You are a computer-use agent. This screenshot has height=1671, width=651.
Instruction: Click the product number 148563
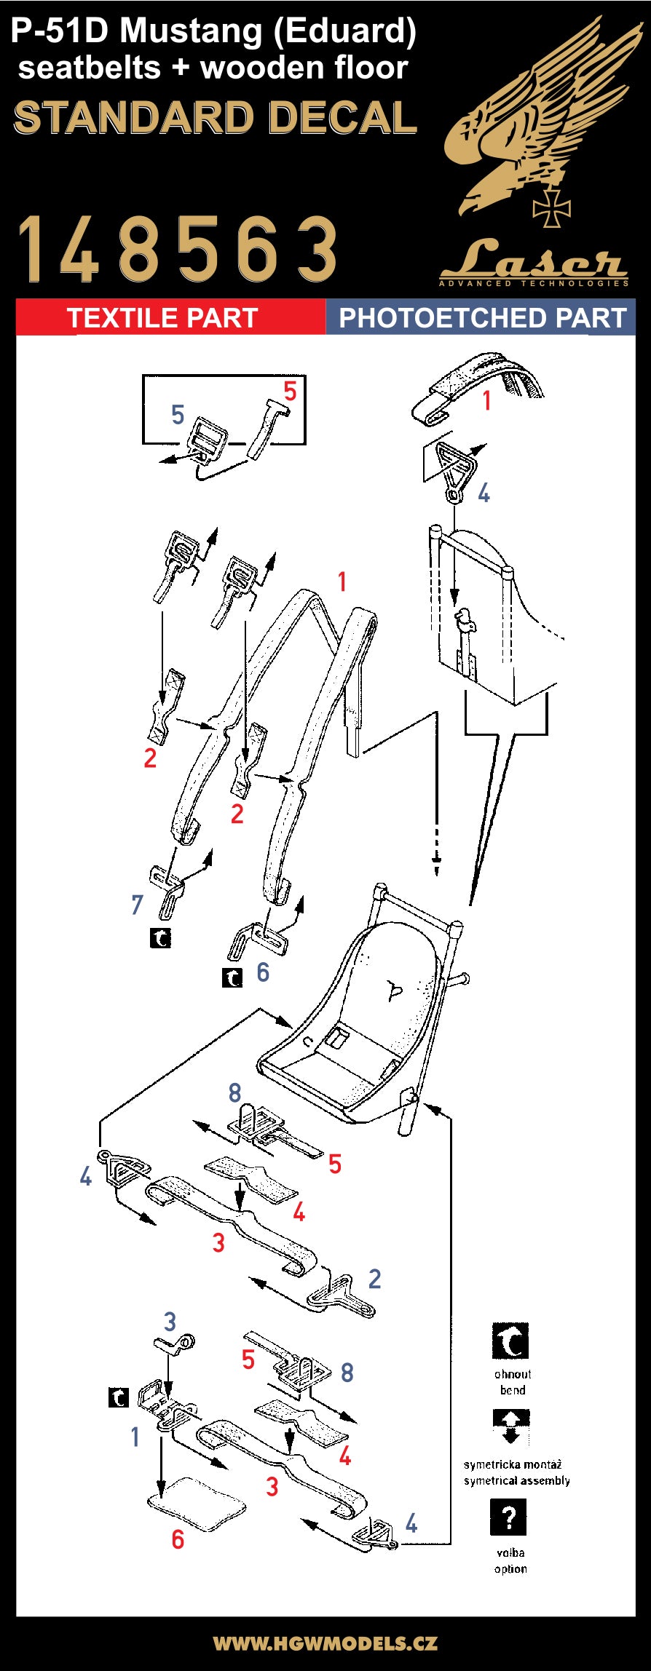pos(178,249)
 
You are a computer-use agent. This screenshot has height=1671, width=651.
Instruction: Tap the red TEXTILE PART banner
pos(162,318)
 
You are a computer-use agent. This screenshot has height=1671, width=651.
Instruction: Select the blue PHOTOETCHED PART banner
pos(482,318)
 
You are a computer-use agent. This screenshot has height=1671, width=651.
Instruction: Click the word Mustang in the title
pos(192,32)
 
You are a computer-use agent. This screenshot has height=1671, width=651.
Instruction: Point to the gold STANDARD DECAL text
pos(216,118)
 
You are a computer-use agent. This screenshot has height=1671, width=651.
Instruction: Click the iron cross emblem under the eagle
pos(551,207)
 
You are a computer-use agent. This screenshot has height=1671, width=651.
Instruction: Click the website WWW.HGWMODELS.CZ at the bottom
pos(325,1643)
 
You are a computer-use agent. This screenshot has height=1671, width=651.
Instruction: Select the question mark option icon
pos(509,1517)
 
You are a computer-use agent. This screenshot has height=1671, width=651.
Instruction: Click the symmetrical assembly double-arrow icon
pos(510,1426)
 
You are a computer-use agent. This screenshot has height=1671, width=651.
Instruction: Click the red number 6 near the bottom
pos(178,1539)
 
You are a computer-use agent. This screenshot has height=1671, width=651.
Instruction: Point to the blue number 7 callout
pos(137,905)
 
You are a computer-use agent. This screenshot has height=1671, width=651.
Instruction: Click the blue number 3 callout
pos(170,1321)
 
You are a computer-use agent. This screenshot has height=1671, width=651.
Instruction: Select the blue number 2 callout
pos(374,1278)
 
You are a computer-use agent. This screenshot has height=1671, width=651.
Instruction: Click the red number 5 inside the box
pos(290,392)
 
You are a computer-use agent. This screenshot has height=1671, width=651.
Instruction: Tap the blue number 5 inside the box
pos(178,415)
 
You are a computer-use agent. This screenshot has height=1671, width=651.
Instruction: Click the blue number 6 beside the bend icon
pos(263,972)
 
